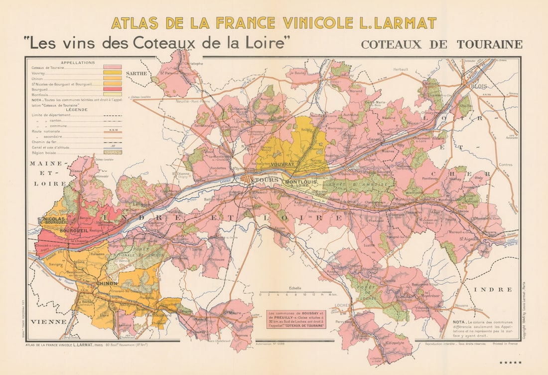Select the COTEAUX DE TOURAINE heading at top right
[441, 44]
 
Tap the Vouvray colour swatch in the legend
[112, 73]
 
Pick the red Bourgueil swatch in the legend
[112, 89]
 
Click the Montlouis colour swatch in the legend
[112, 94]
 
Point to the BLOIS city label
[478, 86]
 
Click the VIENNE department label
[48, 322]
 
